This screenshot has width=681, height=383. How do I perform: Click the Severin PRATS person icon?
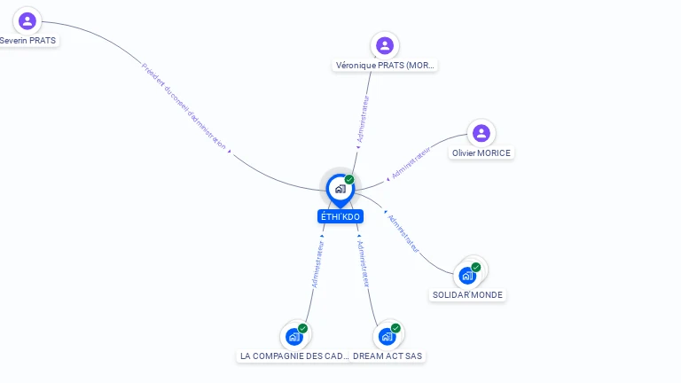pos(27,20)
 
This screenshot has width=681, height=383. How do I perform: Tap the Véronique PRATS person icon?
pos(384,45)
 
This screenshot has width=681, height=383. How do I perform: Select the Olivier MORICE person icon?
pos(481,133)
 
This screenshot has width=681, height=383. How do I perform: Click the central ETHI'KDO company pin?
pos(340,189)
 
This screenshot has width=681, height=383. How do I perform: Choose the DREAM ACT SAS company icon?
pos(387,336)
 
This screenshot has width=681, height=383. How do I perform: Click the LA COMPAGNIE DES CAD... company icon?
pos(294,336)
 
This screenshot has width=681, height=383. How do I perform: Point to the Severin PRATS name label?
pos(27,41)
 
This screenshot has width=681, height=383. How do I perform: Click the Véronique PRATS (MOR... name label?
pos(386,66)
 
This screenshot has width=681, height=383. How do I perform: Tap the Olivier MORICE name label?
pos(481,153)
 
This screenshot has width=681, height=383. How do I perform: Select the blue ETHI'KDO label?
pos(340,216)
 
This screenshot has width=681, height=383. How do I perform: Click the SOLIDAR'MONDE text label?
pos(467,295)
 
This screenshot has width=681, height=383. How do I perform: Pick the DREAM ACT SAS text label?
pos(387,356)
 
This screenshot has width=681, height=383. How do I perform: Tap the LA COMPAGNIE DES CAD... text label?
pos(294,356)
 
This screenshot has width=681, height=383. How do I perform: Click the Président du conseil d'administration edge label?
pos(184,106)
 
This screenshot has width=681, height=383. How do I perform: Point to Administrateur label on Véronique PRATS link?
pos(362,119)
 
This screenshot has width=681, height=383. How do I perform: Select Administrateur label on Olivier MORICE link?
pos(411,164)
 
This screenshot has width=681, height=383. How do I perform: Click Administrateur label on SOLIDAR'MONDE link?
pos(403,233)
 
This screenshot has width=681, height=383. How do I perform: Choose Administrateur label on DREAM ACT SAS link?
pos(363,263)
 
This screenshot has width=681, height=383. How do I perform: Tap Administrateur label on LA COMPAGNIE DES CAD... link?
pos(317,262)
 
